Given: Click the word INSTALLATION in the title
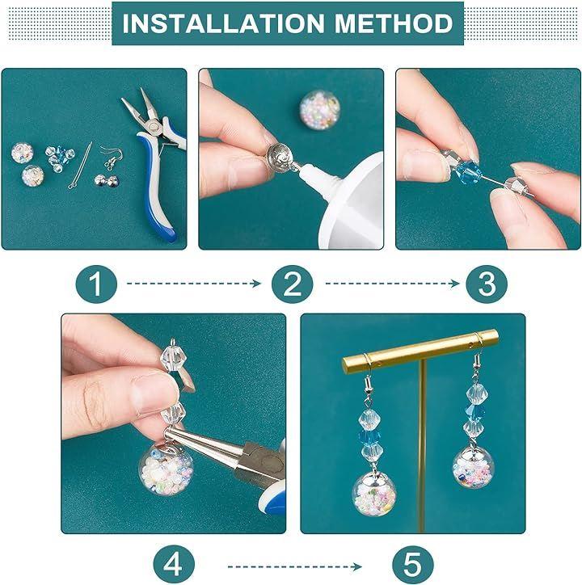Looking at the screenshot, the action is click(223, 23).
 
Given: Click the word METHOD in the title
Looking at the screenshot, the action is click(394, 23).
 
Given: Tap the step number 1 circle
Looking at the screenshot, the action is click(96, 284).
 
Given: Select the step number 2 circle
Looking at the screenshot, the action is click(292, 284).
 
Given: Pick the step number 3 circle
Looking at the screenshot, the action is click(487, 284).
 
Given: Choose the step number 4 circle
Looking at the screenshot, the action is click(174, 565).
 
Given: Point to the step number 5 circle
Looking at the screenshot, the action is click(413, 565).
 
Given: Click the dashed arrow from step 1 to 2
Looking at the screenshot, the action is click(194, 284).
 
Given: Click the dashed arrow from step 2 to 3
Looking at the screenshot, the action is click(392, 284).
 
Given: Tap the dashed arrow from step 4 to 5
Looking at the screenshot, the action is click(295, 567).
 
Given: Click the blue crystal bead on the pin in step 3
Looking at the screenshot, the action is click(466, 173).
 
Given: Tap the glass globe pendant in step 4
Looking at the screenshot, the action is click(167, 469).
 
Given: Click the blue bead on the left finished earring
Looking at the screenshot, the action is click(369, 436).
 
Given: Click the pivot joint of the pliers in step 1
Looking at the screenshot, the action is click(154, 128).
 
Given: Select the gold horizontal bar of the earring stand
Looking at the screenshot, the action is click(420, 351).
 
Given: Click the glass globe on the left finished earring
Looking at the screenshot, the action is click(374, 493).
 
